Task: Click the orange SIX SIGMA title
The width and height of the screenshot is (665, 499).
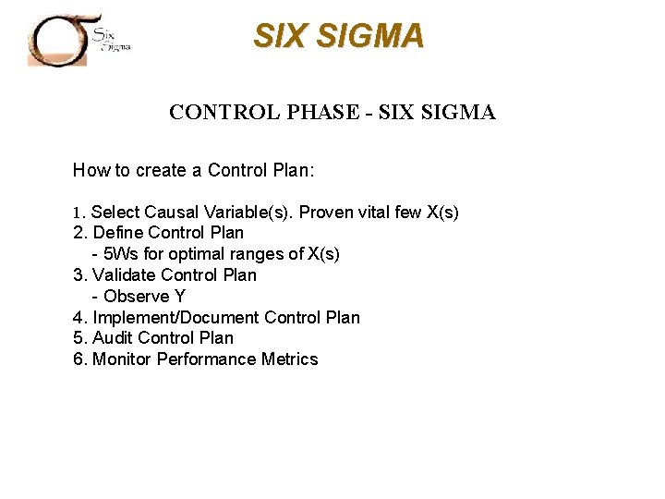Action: (339, 36)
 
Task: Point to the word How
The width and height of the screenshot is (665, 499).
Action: (90, 170)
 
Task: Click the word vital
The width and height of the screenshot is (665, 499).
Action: (373, 213)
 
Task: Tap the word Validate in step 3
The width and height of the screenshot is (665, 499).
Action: (125, 275)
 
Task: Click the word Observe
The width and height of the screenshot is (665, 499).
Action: (137, 297)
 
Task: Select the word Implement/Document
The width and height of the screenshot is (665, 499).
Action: (176, 318)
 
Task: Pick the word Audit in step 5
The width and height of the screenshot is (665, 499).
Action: (112, 338)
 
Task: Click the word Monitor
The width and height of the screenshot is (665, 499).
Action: (122, 359)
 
